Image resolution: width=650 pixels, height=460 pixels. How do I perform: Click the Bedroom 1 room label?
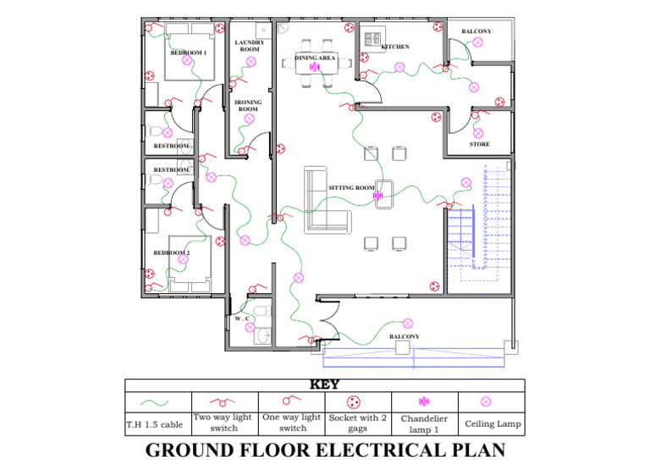point(189,53)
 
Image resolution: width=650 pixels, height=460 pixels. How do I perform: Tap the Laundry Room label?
point(250,46)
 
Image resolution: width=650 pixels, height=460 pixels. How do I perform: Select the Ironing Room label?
point(248,105)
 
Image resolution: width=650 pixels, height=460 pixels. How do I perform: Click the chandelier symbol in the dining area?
point(315,67)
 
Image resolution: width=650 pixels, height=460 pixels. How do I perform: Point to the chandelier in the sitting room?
point(377,196)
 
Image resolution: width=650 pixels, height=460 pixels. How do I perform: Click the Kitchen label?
point(395,47)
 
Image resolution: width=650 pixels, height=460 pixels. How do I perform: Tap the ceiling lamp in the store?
point(478,133)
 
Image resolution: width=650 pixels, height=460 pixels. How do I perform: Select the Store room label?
point(480,144)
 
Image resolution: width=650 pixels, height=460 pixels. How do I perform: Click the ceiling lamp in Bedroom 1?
point(187,60)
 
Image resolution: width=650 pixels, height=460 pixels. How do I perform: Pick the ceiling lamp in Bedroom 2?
point(183,259)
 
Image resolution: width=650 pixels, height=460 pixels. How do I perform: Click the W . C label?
point(242,319)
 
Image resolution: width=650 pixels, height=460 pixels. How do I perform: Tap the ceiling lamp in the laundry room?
point(251,62)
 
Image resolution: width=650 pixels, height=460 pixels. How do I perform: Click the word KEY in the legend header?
point(325,385)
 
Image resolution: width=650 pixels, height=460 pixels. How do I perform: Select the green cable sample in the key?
point(155,402)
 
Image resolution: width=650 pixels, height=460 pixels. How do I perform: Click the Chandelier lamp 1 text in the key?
point(424,424)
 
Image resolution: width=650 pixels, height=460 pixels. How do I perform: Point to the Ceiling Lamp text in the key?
point(493,424)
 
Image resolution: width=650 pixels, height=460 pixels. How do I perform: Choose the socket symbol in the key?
point(354,402)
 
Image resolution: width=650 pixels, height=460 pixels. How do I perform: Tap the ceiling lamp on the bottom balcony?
point(408,323)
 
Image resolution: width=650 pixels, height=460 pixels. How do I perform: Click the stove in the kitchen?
point(372,39)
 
